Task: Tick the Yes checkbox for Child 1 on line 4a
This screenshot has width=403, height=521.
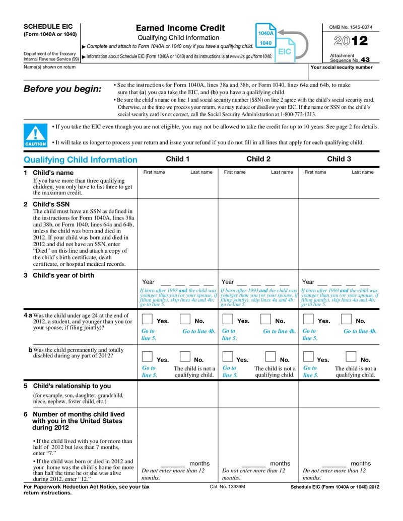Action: [148, 319]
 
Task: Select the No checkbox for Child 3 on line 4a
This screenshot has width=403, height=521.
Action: [347, 319]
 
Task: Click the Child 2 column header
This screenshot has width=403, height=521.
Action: [258, 159]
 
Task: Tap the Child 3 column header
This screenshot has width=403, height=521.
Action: [339, 159]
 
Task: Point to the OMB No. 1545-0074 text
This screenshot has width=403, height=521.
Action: [351, 26]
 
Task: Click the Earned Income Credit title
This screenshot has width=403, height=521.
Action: [180, 28]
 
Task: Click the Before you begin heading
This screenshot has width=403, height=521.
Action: [62, 89]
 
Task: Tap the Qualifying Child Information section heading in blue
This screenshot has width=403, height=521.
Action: [81, 160]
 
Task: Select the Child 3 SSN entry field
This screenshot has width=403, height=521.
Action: [339, 234]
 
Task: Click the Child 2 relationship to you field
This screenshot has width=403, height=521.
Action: [258, 394]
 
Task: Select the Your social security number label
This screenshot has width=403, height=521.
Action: [341, 67]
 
